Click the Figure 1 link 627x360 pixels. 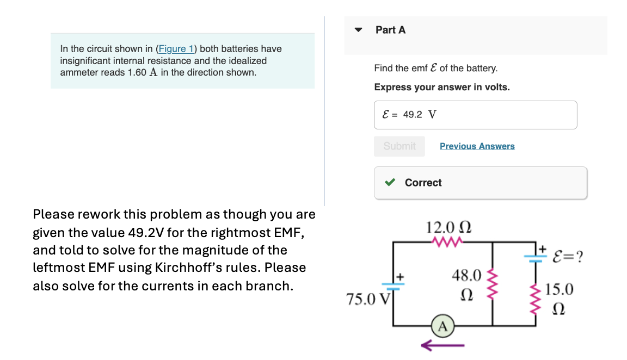click(x=176, y=49)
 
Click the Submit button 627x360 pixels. click(x=399, y=146)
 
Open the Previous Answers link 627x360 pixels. click(x=477, y=146)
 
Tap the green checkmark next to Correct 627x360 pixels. click(x=390, y=183)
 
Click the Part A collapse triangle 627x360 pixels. click(x=358, y=30)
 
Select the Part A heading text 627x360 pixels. click(x=390, y=30)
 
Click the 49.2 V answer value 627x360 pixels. click(x=419, y=115)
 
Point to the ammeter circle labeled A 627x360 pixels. click(x=442, y=326)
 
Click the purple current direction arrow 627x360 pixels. click(x=442, y=344)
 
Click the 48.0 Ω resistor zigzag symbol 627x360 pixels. click(x=493, y=283)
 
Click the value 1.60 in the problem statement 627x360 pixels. click(x=137, y=72)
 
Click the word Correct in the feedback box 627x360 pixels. click(x=423, y=183)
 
